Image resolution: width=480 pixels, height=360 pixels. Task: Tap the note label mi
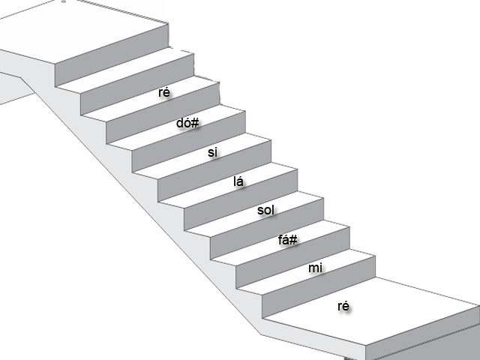315,267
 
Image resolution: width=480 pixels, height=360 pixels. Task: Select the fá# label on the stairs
288,240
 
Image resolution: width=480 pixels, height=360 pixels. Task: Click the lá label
240,181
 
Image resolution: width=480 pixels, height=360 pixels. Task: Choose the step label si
212,152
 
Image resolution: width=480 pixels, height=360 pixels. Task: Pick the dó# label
187,122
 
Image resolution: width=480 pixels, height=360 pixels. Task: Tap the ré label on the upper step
164,92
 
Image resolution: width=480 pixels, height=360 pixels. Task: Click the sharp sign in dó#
195,122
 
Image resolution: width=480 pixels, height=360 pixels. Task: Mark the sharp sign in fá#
295,240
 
